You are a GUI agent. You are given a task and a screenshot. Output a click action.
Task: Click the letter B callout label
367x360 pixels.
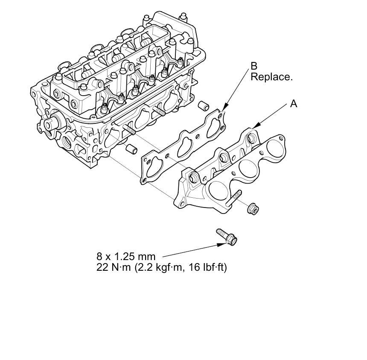tap(254, 66)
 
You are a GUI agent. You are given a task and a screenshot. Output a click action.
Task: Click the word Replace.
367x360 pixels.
tap(271, 77)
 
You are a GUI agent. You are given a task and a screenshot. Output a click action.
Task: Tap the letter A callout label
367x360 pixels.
tap(294, 104)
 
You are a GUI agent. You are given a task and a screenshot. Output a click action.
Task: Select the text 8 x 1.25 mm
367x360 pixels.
tap(126, 257)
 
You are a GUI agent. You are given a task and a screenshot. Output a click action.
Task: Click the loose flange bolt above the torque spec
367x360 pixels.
tap(227, 236)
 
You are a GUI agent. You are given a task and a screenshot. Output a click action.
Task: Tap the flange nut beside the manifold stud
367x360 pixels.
tap(253, 208)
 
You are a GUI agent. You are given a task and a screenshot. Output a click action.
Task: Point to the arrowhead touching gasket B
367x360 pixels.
tap(223, 111)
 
